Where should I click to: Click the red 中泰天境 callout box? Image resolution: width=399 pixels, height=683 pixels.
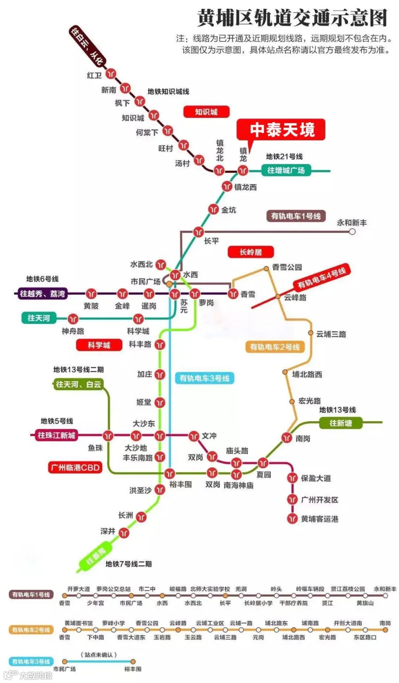(281, 130)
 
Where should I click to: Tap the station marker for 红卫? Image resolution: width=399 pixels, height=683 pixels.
(111, 74)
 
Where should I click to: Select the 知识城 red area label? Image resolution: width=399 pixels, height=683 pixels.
(206, 112)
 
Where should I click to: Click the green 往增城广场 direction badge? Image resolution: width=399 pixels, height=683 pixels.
(286, 170)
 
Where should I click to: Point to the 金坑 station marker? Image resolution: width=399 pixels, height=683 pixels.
(214, 209)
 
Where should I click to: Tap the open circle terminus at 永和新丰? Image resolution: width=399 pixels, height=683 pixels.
(352, 231)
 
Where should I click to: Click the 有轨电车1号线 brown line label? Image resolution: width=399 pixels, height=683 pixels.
(296, 216)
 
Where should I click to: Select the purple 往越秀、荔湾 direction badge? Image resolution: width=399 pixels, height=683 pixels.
(42, 294)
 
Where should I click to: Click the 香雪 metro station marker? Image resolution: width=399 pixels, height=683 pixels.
(233, 293)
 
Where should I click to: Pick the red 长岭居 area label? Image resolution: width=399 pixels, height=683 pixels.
(250, 252)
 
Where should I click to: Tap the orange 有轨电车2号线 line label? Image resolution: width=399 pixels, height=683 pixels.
(275, 347)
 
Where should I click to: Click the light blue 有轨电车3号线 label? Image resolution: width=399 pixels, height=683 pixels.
(204, 378)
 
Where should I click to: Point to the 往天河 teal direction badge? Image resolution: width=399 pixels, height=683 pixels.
(39, 318)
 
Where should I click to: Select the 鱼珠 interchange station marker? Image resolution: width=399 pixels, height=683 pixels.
(108, 435)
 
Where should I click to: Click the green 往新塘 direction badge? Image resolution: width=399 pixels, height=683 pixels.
(340, 423)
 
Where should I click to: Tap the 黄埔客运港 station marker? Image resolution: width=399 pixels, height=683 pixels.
(292, 518)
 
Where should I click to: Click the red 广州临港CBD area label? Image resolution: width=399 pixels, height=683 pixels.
(75, 467)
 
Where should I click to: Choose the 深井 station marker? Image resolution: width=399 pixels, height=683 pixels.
(124, 532)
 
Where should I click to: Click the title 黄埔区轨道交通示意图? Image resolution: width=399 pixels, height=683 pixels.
(292, 18)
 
